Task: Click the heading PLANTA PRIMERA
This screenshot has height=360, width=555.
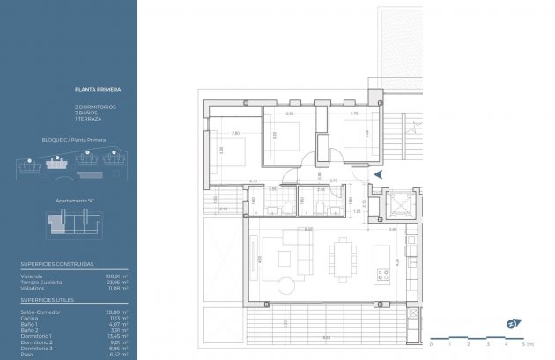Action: (x=98, y=90)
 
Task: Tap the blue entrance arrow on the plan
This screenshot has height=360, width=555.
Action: (x=378, y=176)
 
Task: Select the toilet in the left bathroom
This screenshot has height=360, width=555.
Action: (x=289, y=209)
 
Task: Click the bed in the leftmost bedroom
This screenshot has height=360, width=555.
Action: (x=231, y=149)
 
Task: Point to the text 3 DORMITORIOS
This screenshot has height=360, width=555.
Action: (x=95, y=107)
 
